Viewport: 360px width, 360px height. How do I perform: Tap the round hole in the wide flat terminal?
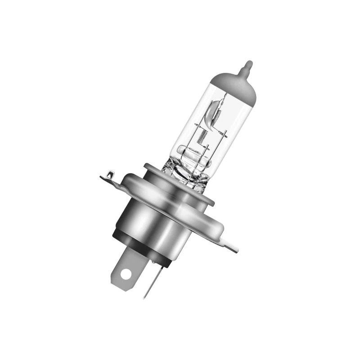coord(127,273)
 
